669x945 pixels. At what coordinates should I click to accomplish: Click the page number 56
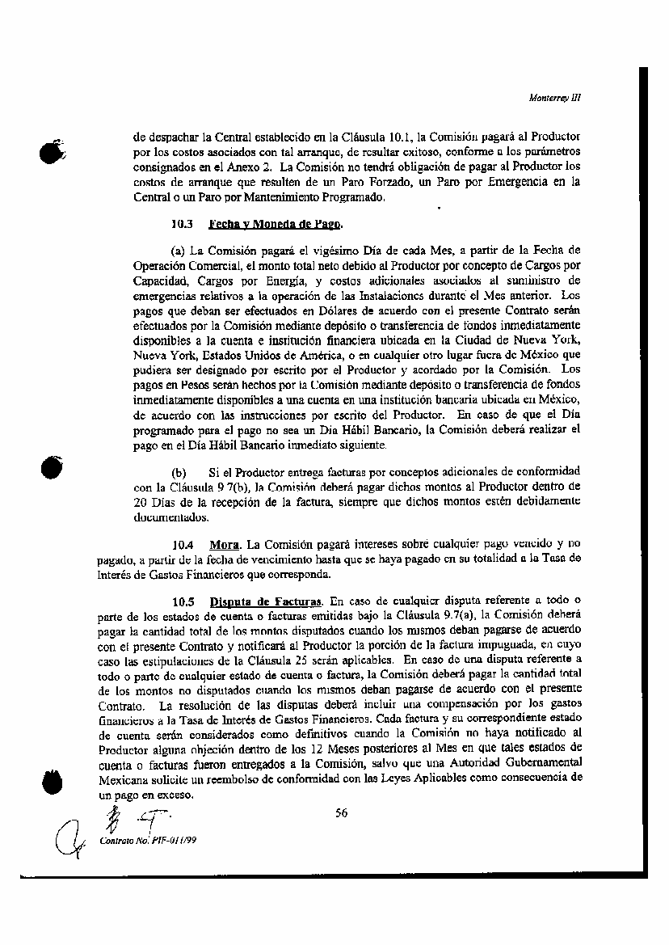[342, 813]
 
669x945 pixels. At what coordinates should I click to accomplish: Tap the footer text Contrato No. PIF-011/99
[148, 840]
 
